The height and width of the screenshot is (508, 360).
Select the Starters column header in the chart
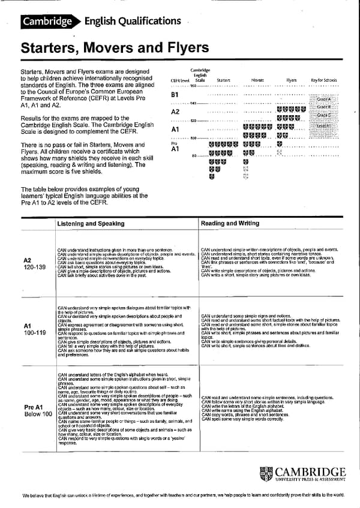click(224, 79)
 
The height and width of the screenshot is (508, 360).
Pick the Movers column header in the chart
click(257, 79)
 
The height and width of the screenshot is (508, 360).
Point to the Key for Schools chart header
click(323, 79)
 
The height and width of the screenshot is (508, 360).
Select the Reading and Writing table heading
click(230, 223)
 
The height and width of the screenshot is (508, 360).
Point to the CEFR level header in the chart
click(179, 79)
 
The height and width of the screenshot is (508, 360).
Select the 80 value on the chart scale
click(194, 156)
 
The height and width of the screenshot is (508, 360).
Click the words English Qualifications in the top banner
click(133, 22)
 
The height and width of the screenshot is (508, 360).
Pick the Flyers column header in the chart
click(292, 79)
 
